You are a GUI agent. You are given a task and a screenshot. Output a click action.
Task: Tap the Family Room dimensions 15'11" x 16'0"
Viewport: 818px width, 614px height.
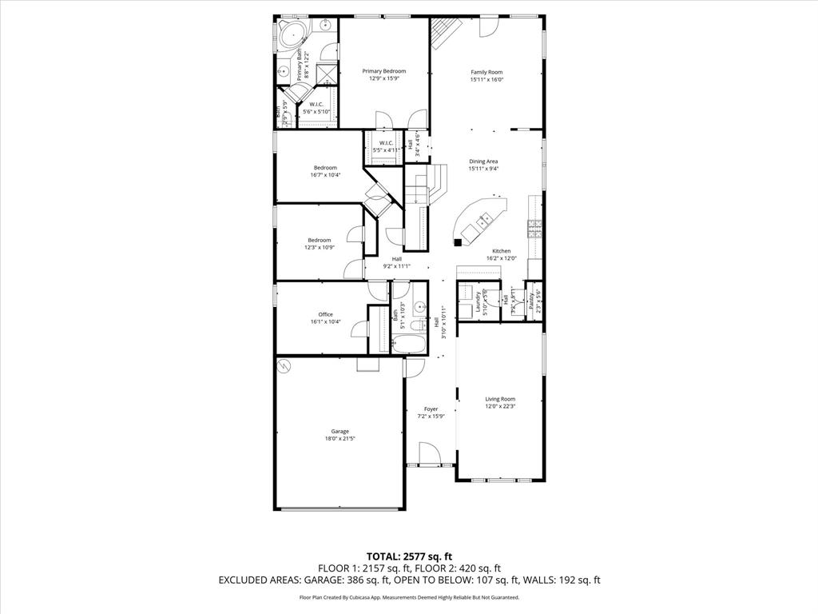pyautogui.click(x=486, y=79)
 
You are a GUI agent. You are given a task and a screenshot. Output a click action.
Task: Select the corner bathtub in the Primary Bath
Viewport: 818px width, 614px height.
pyautogui.click(x=295, y=35)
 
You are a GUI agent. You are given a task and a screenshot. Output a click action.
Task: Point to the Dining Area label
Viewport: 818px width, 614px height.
pyautogui.click(x=483, y=161)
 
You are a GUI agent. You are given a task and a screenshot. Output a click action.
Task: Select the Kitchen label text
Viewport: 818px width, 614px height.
pyautogui.click(x=501, y=251)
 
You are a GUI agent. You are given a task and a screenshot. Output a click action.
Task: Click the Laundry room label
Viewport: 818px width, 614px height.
pyautogui.click(x=478, y=301)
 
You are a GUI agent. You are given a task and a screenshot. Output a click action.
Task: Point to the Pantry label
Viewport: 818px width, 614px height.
pyautogui.click(x=531, y=301)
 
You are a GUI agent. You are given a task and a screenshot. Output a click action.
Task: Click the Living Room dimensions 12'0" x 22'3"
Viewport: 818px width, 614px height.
pyautogui.click(x=501, y=406)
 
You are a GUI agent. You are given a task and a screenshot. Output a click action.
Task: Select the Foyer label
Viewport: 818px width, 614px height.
pyautogui.click(x=431, y=409)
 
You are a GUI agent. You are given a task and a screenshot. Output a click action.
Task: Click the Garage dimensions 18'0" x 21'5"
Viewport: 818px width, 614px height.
pyautogui.click(x=340, y=438)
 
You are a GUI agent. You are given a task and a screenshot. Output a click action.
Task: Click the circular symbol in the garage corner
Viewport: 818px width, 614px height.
pyautogui.click(x=283, y=365)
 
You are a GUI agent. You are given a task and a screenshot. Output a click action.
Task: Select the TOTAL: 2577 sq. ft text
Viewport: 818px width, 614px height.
pyautogui.click(x=409, y=556)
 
